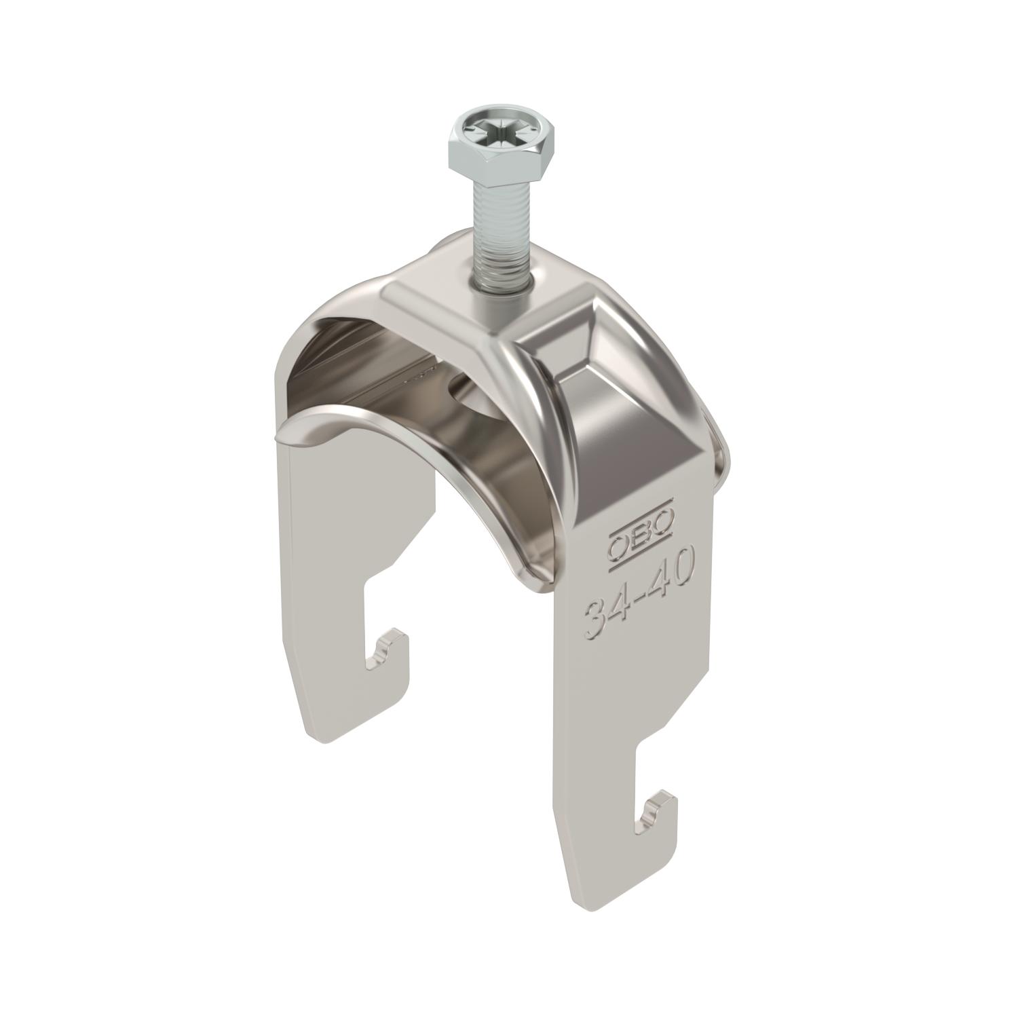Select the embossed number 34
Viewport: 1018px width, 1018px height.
605,614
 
